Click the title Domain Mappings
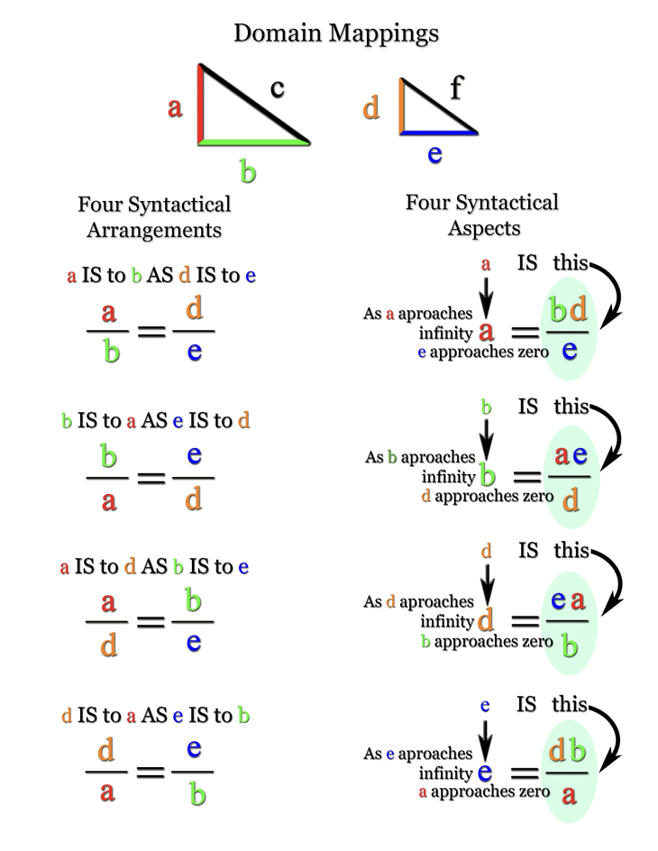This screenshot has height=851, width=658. coord(336,33)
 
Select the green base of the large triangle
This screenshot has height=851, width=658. coord(254,142)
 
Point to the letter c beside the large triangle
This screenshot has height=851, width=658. coord(278,88)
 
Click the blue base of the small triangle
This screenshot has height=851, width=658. coord(438,133)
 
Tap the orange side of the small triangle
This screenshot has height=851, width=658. coord(400,106)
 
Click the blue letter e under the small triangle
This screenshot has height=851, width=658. coord(434,154)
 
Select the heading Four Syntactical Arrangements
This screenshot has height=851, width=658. coord(154,216)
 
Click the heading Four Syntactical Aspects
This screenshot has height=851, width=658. coord(481,215)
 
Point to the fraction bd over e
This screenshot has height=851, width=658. coord(569,328)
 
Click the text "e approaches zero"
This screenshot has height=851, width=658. coord(482,352)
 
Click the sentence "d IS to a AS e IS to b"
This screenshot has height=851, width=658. coord(155,716)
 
